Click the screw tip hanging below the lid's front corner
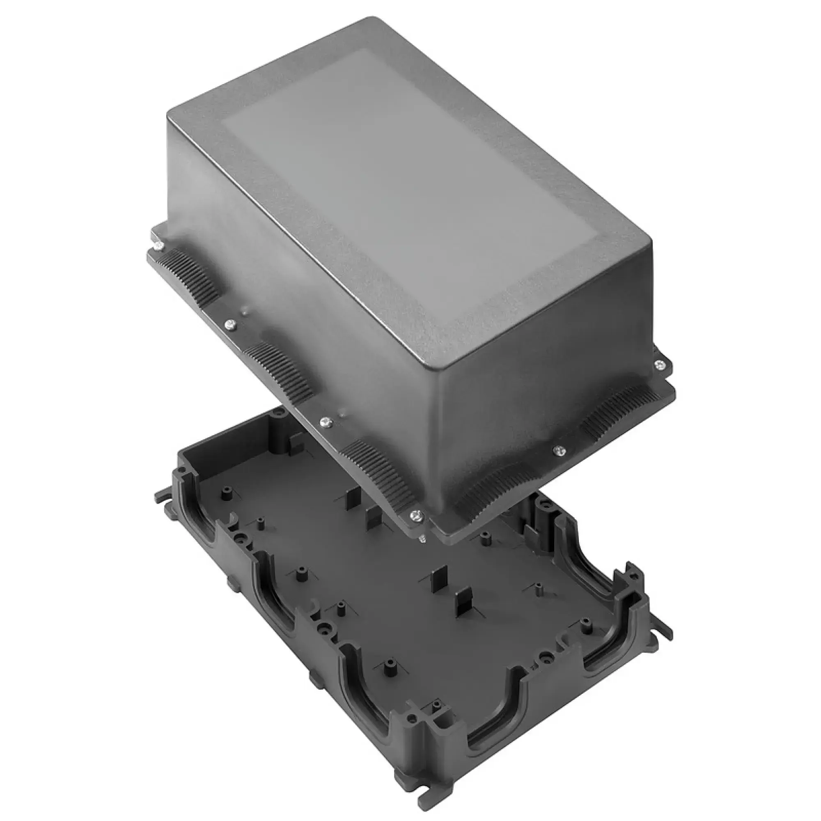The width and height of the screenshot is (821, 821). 422,539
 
